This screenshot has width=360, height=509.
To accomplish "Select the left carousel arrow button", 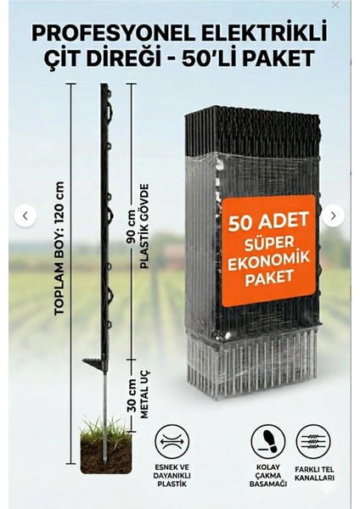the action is click(25, 215).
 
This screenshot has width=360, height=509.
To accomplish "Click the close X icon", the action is click(335, 5).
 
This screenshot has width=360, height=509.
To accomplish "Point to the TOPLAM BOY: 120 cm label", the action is click(59, 249).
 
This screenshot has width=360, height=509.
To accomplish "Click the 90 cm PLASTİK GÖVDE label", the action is click(138, 227).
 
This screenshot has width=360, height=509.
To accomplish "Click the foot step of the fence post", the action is click(94, 364).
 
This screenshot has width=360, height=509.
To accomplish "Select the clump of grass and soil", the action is click(105, 446).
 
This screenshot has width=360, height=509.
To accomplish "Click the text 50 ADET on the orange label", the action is click(268, 221).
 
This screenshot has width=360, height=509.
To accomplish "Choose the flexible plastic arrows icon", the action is click(172, 442).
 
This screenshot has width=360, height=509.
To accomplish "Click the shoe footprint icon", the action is click(268, 442).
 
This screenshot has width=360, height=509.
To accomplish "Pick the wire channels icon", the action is click(313, 442).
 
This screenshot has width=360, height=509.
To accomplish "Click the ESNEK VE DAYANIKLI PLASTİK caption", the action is click(172, 476).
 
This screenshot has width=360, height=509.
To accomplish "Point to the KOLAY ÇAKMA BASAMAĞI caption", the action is click(268, 476).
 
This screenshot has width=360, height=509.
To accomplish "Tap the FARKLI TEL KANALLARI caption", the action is click(314, 474).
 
